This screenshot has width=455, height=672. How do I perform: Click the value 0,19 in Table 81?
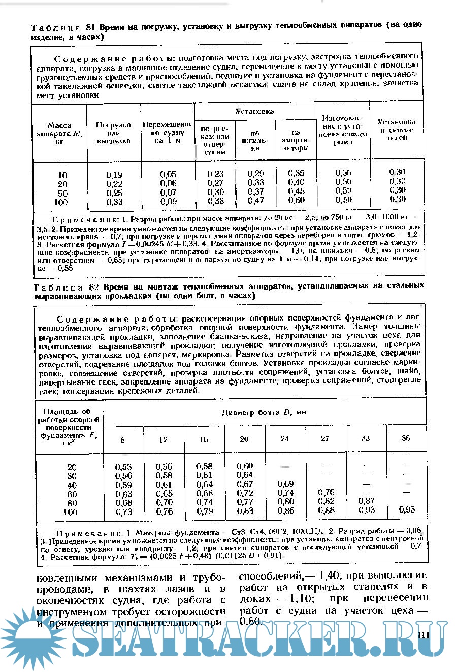pos(114,175)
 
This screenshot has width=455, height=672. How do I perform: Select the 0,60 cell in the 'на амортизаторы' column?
pos(296,201)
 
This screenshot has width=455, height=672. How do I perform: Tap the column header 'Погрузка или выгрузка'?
pos(114,133)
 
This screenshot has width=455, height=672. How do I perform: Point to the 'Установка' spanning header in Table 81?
pos(255,111)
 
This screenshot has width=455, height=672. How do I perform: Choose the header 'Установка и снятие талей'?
pos(397,130)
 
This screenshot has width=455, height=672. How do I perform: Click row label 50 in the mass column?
pos(62,194)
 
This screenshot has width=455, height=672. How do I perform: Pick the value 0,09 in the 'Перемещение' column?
pos(168,202)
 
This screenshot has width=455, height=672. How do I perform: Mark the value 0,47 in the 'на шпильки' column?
pos(255,201)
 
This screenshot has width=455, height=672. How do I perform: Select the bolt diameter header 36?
pos(405,438)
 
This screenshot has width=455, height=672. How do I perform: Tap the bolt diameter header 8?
pos(122,439)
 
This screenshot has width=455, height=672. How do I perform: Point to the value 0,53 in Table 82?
pos(123,467)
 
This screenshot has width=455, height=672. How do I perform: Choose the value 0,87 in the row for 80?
pos(366,501)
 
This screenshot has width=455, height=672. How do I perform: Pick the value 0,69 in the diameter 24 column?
pos(286,483)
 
